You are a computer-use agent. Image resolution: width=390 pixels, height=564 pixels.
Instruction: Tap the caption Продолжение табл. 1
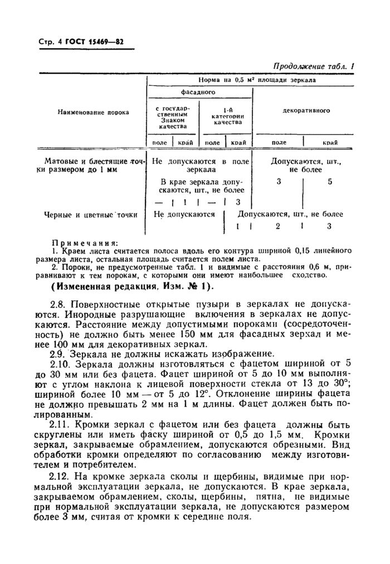coord(313,67)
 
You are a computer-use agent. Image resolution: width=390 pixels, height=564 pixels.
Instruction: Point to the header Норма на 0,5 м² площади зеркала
coord(252,80)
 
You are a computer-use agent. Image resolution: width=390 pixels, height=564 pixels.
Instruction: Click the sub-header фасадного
coord(198,92)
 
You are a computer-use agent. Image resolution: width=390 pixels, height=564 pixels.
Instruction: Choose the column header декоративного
coord(306,110)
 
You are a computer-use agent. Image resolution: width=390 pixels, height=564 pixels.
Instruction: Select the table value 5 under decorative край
coord(330,181)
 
